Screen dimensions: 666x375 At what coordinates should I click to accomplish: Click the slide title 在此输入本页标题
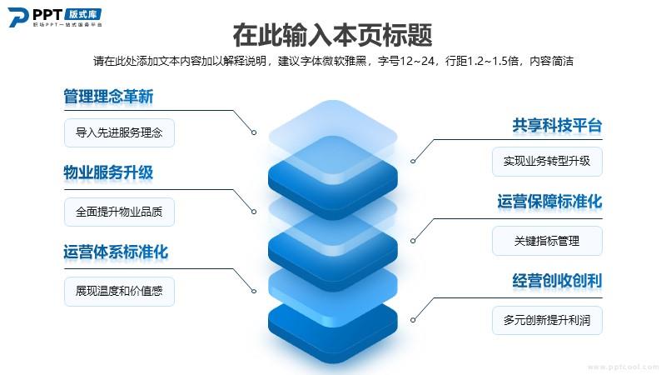click(332, 35)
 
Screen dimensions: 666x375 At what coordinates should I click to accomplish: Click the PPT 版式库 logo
click(55, 17)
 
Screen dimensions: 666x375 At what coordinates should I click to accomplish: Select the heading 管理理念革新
click(108, 96)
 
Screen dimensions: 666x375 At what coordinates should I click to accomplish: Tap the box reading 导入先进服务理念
click(119, 132)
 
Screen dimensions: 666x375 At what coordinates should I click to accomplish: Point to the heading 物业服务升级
click(108, 172)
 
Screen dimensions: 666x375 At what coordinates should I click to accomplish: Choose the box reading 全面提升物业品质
click(119, 212)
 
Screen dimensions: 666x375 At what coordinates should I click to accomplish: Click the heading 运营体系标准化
click(116, 252)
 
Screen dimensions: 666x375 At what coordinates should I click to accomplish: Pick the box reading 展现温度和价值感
click(119, 291)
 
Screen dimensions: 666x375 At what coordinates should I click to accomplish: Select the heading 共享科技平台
click(557, 126)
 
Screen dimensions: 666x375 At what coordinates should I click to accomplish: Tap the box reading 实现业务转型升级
click(547, 161)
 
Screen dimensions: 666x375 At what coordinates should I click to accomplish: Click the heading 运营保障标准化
click(550, 202)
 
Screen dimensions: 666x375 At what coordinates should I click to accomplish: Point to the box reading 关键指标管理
click(547, 241)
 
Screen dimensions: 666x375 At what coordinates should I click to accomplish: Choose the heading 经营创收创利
click(557, 281)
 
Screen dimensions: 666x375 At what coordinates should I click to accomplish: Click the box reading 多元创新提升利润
click(547, 320)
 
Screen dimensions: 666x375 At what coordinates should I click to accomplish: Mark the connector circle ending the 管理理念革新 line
click(254, 132)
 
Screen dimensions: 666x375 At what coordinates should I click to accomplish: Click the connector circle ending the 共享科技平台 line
click(413, 161)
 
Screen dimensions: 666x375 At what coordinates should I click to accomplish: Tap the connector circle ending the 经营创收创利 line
click(413, 320)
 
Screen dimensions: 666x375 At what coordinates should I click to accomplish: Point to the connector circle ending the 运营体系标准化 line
click(254, 291)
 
